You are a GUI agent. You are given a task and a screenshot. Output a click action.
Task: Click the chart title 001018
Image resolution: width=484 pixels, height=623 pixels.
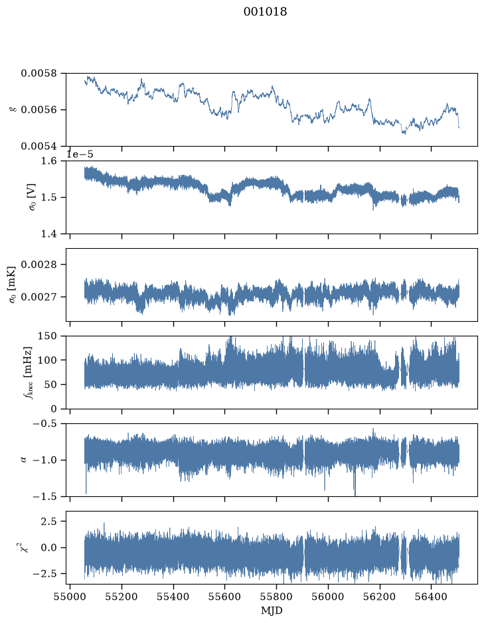[265, 12]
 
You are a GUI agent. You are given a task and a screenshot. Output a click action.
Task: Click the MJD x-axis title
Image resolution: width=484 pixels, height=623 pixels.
[272, 610]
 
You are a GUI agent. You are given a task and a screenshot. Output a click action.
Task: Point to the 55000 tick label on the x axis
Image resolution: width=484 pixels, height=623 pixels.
[70, 597]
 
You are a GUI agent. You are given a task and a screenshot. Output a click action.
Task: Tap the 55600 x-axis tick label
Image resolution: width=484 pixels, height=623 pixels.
[225, 597]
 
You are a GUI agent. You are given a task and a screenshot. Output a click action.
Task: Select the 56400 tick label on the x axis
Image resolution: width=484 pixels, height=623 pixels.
[432, 597]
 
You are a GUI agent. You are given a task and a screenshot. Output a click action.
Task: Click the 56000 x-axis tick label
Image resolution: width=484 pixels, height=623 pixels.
[329, 597]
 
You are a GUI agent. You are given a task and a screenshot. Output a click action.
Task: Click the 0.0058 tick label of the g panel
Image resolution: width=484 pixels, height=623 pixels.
[39, 74]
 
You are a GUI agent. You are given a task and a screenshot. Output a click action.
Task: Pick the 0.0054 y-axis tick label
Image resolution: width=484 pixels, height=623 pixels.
[39, 146]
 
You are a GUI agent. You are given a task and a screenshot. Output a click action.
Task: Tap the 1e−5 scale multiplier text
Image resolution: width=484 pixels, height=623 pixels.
[80, 155]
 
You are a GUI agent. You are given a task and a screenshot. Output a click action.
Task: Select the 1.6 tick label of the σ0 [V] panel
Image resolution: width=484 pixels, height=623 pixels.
[49, 161]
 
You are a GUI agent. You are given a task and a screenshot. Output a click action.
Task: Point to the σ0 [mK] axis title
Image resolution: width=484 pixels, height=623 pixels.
[13, 285]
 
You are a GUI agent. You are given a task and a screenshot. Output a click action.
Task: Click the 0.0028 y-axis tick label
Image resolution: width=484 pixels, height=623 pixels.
[39, 265]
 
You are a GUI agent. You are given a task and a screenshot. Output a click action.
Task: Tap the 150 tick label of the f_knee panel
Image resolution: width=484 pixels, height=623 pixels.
[47, 336]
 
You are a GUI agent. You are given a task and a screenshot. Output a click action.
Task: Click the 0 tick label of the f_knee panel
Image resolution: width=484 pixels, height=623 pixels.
[54, 409]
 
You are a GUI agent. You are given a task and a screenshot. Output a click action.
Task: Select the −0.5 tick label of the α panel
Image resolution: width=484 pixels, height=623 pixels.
[45, 424]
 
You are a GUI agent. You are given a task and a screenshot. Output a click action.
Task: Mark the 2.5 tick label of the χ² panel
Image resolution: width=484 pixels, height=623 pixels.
[49, 521]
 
